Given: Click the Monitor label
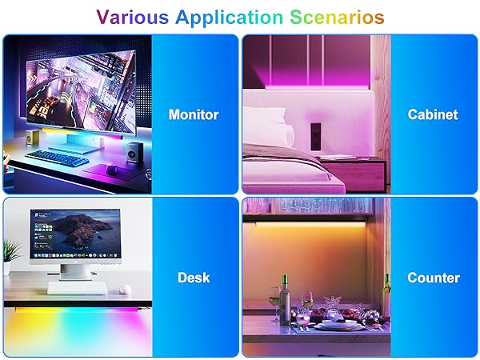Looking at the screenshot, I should coord(194,114).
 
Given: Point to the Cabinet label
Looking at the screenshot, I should coord(433,114).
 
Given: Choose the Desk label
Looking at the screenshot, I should coord(194,278).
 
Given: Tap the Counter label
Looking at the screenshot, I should coord(433,278).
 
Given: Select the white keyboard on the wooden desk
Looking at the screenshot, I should coord(77,287).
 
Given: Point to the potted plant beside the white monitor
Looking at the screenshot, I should coord(10,256).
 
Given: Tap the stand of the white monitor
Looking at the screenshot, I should coord(75,273).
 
